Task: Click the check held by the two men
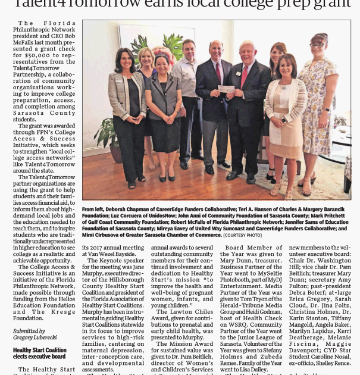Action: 226,89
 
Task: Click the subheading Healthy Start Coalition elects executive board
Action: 39,354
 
